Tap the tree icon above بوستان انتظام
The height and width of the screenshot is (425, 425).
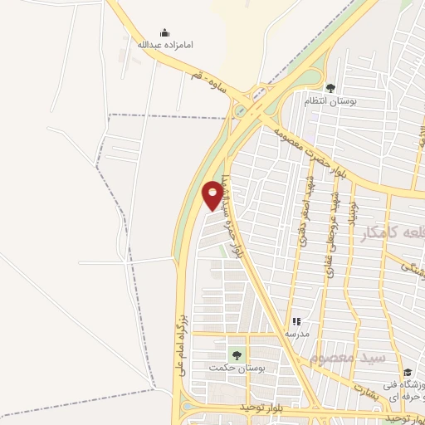tap(331, 88)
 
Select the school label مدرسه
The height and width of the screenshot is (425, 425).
tap(296, 335)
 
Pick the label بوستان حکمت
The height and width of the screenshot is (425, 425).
tap(230, 368)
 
